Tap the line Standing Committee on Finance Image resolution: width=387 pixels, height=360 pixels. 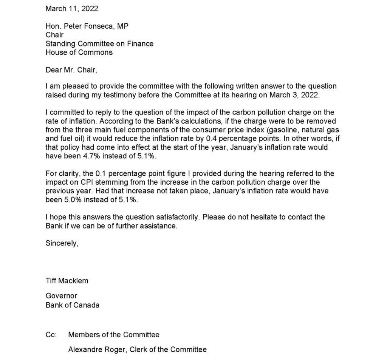point(99,43)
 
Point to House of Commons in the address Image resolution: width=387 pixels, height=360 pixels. point(79,52)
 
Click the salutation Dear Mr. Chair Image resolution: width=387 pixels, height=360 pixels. point(71,70)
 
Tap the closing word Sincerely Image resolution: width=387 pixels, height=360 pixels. point(62,243)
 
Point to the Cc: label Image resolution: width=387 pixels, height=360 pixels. point(51,334)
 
